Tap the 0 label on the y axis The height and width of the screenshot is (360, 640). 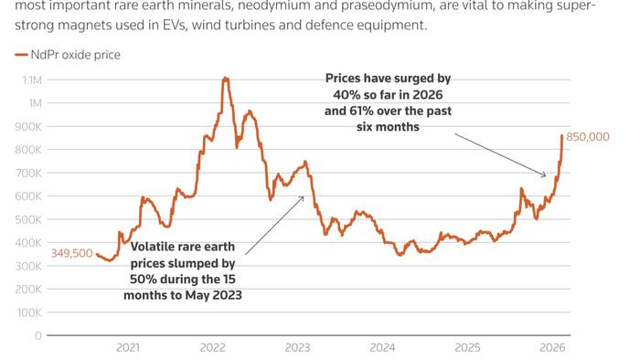[37, 335]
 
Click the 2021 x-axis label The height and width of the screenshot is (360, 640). [128, 348]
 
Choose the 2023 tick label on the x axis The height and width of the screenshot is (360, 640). [297, 348]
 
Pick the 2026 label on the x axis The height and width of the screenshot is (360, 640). [551, 348]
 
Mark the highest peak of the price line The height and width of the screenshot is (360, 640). [225, 79]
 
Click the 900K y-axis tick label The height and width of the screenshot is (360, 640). [28, 126]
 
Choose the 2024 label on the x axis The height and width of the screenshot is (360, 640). [382, 348]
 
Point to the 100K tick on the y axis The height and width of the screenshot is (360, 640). [28, 312]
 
